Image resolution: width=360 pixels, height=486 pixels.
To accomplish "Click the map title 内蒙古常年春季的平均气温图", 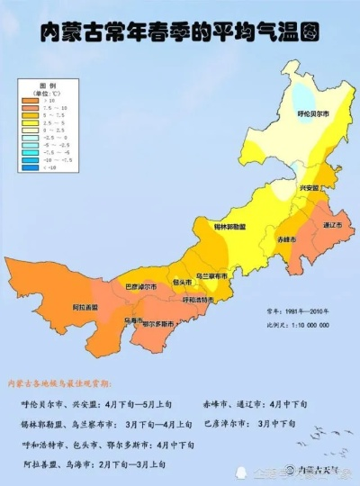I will [x=180, y=34].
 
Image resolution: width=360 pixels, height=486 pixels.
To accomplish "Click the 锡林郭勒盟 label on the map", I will [x=231, y=227].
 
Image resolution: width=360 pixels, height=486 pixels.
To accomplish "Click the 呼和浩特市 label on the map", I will [x=199, y=300].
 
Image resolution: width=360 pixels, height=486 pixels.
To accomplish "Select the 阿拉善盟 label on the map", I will [x=85, y=307].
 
